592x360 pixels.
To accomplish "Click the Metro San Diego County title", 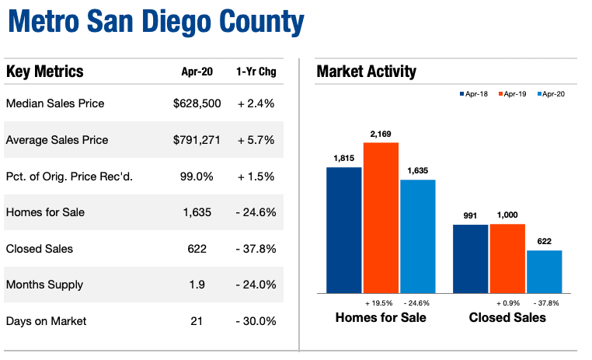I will coord(155,23).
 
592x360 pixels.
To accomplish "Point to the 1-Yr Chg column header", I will coord(256,73).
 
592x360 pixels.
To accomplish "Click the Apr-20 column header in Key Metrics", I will coord(196,73).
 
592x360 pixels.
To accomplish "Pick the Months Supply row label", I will coord(45,285).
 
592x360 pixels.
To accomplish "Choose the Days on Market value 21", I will coord(197,321).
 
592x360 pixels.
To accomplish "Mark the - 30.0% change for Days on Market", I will coord(256,321).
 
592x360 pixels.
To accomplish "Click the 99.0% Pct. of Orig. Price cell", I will coord(197,177).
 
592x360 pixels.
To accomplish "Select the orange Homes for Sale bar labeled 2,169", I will coord(381,218).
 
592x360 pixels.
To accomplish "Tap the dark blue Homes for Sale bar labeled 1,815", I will coord(343,230).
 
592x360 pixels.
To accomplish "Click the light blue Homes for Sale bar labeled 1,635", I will coord(417,236).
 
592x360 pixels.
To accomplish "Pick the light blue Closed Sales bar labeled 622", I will coord(544,271).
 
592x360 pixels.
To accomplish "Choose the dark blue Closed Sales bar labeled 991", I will coord(470,259).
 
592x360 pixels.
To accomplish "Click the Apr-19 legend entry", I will coord(510,94).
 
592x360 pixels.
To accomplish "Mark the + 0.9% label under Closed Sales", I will coord(507,302).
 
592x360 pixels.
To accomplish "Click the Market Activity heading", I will coord(366,72).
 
